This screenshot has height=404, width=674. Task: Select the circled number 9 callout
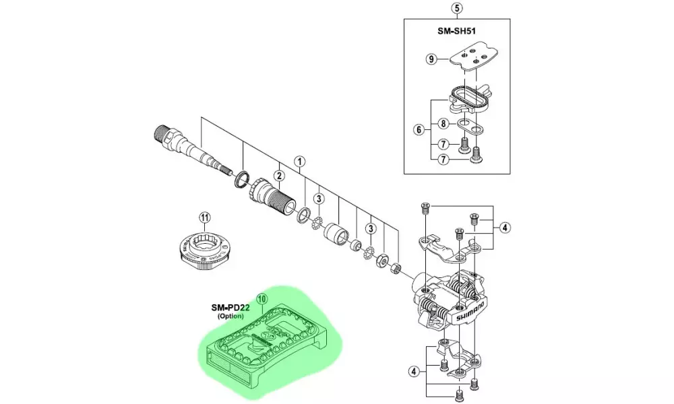click(432, 59)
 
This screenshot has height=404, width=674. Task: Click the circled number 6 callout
click(418, 128)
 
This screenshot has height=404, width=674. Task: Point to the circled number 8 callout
click(443, 123)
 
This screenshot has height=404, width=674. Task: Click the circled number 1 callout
click(300, 162)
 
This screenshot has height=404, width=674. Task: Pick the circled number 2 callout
click(278, 176)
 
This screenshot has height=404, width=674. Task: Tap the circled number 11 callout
click(206, 217)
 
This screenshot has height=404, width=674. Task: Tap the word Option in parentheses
click(231, 316)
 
